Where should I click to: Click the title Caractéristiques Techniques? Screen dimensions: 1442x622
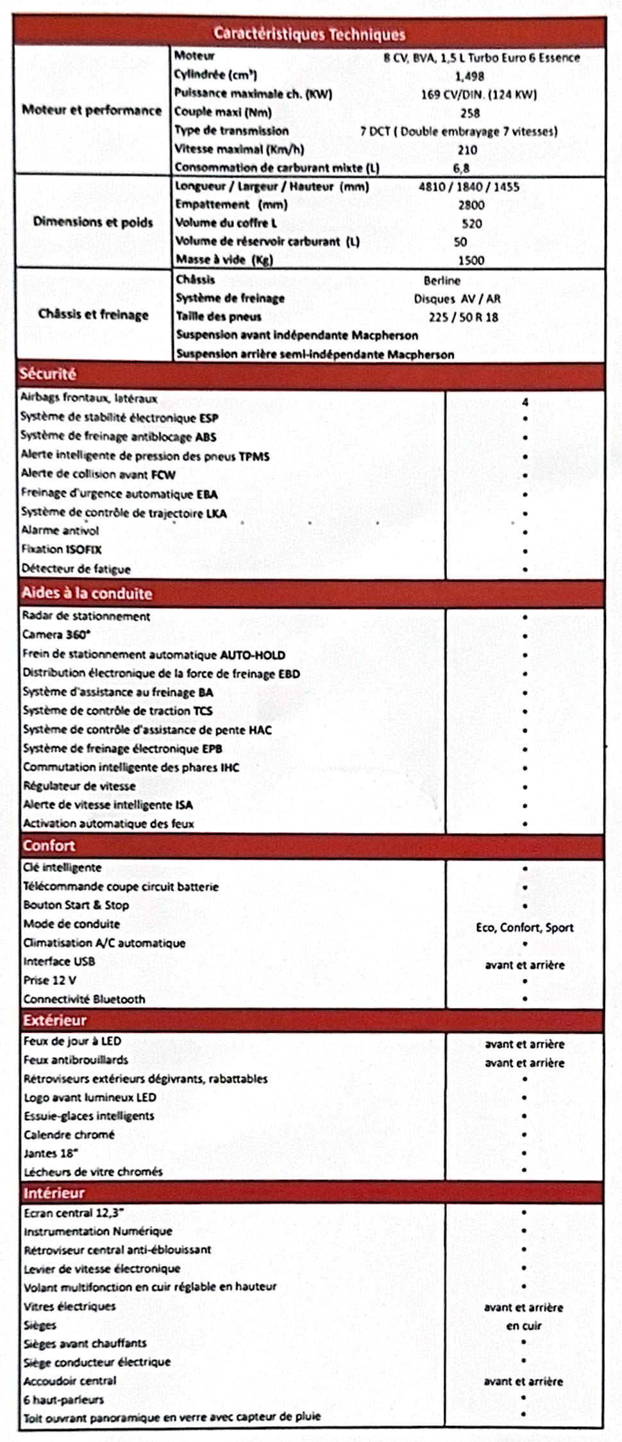(x=309, y=33)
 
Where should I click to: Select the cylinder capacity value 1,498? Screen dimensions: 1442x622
(x=469, y=76)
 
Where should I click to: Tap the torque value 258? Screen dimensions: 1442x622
(x=470, y=113)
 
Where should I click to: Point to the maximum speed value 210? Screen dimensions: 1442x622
(x=467, y=150)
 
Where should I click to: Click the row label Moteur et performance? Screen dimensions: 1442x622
(x=92, y=110)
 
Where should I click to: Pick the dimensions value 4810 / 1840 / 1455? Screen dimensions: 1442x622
(x=469, y=187)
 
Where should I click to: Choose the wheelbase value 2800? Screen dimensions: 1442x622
(x=471, y=205)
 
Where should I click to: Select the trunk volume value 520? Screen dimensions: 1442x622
(x=471, y=224)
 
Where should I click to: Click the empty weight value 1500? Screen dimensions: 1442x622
(x=471, y=260)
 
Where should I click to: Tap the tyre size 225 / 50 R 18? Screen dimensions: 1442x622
(x=463, y=317)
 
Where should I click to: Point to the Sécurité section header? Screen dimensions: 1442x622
(x=47, y=374)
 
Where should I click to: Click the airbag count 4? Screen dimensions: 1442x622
(x=525, y=402)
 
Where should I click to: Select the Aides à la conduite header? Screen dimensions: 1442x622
(x=87, y=593)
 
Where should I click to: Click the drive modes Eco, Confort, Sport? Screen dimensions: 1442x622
(x=525, y=927)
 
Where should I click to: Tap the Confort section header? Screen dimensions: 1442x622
(x=49, y=846)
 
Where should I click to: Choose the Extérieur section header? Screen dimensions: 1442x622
(x=55, y=1020)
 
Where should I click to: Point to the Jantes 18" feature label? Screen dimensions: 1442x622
(x=51, y=1153)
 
